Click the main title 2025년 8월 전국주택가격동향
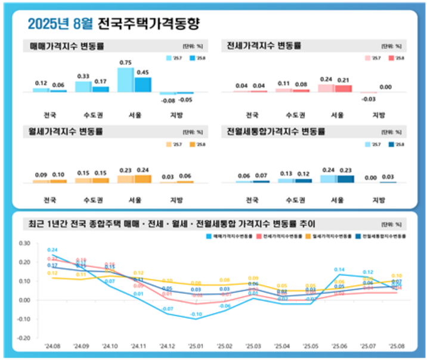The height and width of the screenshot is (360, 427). point(113,24)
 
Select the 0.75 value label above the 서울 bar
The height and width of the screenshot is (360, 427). point(125,63)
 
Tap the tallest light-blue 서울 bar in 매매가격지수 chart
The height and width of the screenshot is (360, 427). point(125,80)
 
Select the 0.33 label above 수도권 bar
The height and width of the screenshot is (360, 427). point(83,76)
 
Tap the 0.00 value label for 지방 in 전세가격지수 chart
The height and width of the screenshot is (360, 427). point(385,87)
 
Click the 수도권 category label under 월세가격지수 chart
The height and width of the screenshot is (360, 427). point(91,200)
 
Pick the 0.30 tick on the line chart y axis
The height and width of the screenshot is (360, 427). point(24,243)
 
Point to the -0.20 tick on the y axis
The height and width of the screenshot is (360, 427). point(23,337)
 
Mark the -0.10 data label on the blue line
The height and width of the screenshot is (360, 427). point(196,314)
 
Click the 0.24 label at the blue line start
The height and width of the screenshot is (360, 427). point(52,250)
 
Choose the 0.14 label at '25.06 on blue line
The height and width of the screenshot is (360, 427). point(339,270)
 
